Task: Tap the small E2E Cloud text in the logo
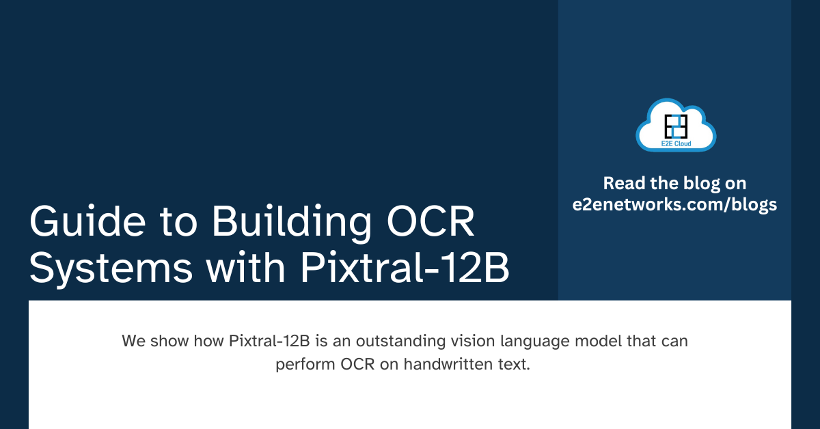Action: [x=675, y=143]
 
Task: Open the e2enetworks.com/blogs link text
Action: [x=675, y=205]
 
